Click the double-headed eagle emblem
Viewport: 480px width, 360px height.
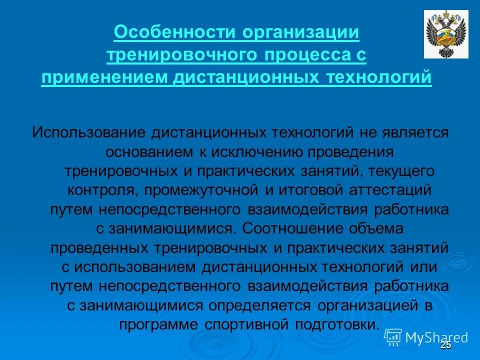tap(446, 34)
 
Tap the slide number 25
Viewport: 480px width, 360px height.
tap(446, 345)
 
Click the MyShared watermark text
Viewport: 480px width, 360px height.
tap(436, 337)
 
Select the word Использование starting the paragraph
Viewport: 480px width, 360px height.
tap(88, 133)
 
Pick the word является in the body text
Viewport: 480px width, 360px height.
tap(419, 133)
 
